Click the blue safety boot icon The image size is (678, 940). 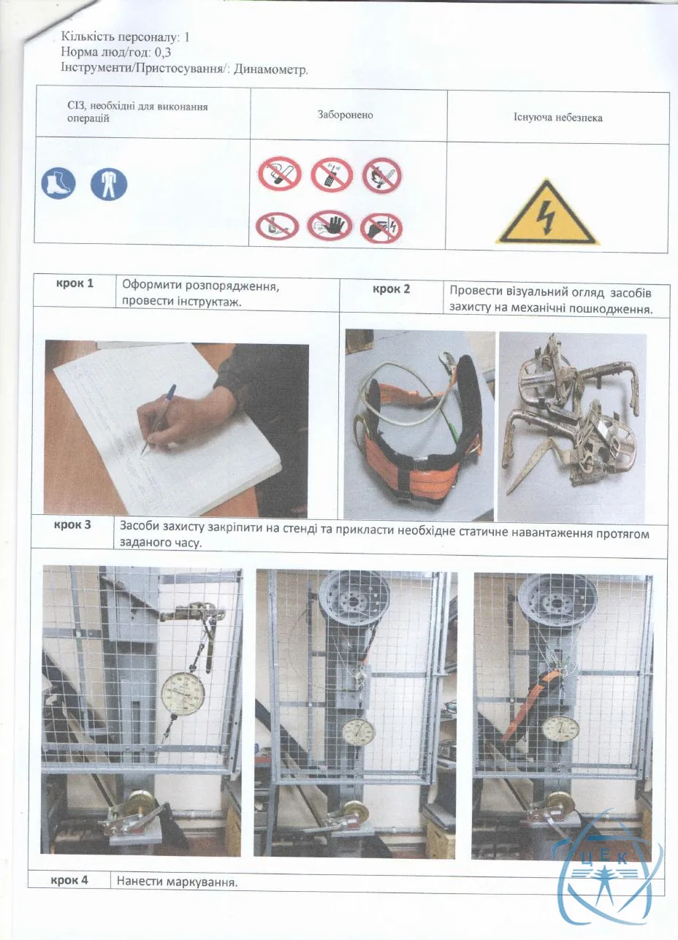pyautogui.click(x=58, y=183)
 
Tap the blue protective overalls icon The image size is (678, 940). pyautogui.click(x=109, y=184)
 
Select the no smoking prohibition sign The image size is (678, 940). pyautogui.click(x=280, y=173)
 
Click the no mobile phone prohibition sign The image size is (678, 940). pyautogui.click(x=331, y=174)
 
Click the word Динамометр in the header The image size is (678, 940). pyautogui.click(x=270, y=69)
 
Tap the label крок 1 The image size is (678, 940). pyautogui.click(x=75, y=283)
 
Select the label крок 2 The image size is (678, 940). pyautogui.click(x=392, y=289)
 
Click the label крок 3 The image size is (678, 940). pyautogui.click(x=72, y=525)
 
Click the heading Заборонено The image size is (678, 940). pyautogui.click(x=345, y=115)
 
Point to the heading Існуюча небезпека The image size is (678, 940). pyautogui.click(x=558, y=117)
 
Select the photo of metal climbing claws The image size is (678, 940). pyautogui.click(x=571, y=428)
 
